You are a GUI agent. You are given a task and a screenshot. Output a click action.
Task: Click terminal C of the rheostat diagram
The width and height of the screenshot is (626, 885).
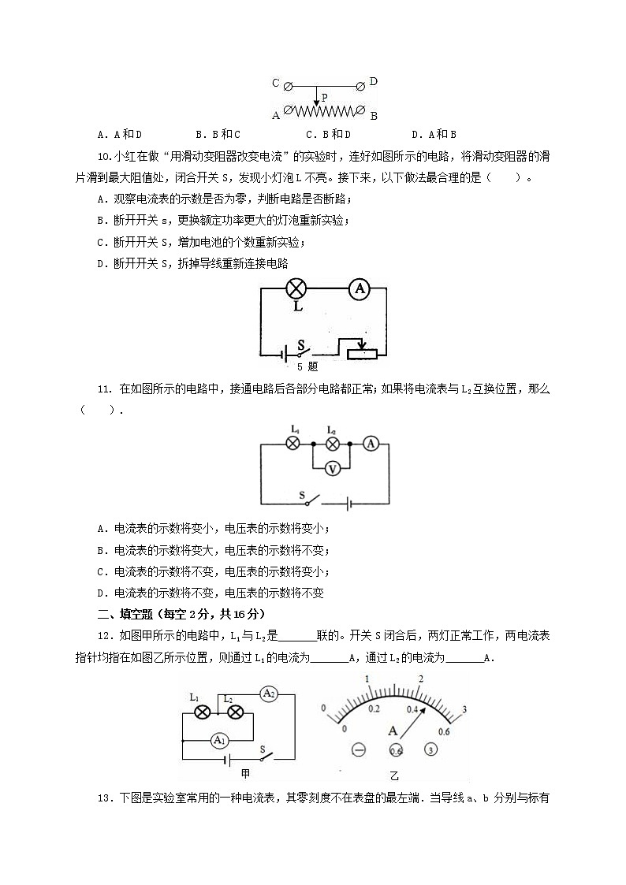(288, 84)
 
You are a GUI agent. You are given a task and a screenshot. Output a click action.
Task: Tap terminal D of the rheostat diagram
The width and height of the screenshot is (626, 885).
(362, 84)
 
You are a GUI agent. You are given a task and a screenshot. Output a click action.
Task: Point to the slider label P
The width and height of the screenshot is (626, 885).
(324, 97)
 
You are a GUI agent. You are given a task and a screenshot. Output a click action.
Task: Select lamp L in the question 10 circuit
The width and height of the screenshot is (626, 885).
(296, 289)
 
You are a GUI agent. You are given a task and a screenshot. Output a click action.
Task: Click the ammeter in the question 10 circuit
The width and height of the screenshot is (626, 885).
(360, 289)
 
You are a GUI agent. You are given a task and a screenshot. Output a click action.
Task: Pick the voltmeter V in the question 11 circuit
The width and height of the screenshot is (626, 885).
(333, 468)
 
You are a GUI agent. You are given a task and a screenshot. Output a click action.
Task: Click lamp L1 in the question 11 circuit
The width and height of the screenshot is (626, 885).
(293, 444)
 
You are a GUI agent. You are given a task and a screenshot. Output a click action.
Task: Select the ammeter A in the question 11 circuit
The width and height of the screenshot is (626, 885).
(371, 444)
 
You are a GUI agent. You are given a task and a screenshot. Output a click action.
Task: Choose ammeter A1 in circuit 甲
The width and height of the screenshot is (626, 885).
(219, 741)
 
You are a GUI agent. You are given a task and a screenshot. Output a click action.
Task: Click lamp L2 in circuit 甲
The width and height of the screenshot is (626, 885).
(234, 712)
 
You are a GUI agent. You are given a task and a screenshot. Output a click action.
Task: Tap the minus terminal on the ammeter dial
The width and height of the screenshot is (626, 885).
(359, 750)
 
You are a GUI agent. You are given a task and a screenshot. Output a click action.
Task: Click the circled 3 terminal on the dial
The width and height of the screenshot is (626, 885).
(431, 750)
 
